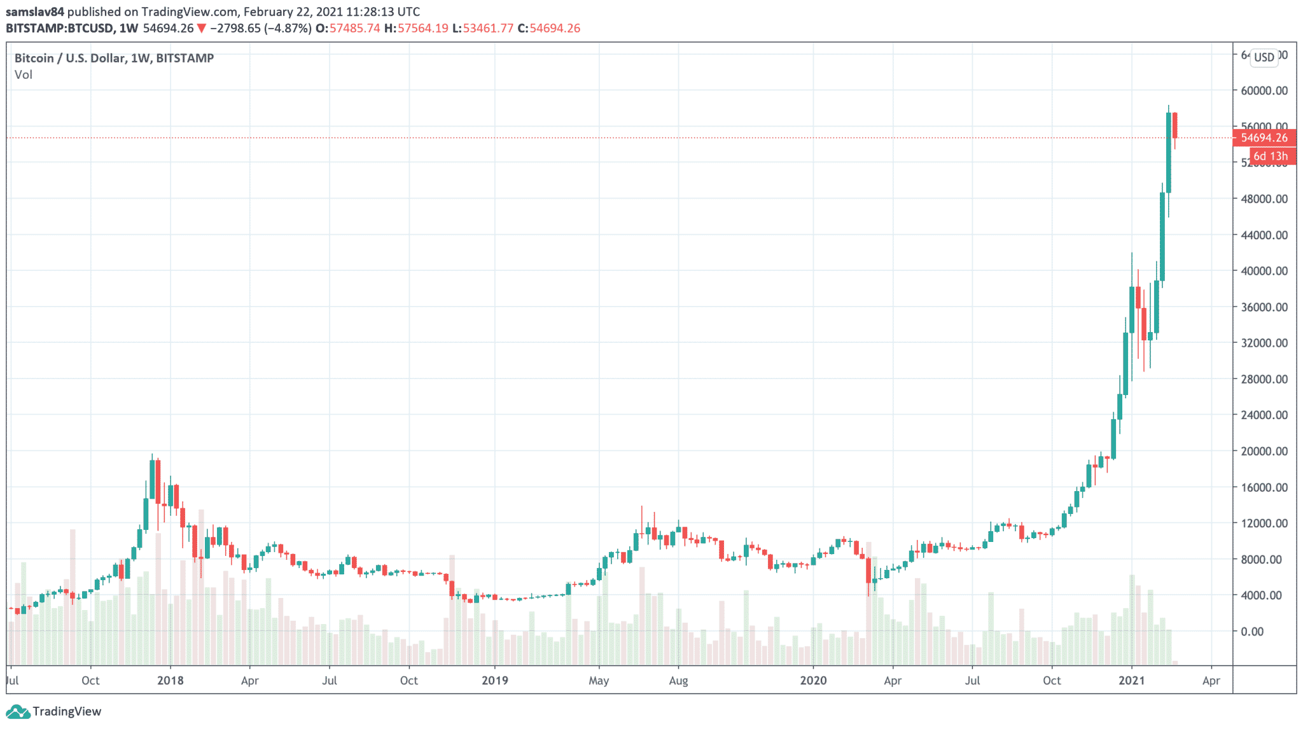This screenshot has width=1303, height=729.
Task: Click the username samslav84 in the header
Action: click(35, 11)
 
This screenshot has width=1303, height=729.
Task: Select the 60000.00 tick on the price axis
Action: click(1264, 90)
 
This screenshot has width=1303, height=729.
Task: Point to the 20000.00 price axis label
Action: click(1264, 451)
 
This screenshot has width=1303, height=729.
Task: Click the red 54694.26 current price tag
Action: click(1264, 137)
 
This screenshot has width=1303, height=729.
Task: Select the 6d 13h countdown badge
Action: click(1271, 156)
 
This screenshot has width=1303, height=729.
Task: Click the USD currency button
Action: click(1264, 57)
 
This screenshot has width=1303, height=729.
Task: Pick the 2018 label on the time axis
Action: click(170, 681)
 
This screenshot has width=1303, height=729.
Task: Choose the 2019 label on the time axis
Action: click(494, 681)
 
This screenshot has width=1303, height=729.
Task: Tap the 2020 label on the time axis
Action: click(813, 681)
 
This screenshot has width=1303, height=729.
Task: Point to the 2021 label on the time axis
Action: click(1132, 681)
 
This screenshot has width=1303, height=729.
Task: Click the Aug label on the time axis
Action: click(678, 681)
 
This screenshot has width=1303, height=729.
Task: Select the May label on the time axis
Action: click(599, 681)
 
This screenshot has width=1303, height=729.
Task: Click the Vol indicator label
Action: click(24, 74)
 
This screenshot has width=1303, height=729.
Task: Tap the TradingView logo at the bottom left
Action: click(53, 711)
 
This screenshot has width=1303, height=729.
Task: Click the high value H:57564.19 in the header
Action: click(416, 28)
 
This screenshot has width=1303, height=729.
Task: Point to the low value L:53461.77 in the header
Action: click(482, 28)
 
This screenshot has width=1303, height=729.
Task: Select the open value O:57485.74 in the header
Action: click(347, 28)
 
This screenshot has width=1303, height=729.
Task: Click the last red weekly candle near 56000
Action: click(1174, 125)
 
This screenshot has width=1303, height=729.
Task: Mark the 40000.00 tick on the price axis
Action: click(1264, 270)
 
